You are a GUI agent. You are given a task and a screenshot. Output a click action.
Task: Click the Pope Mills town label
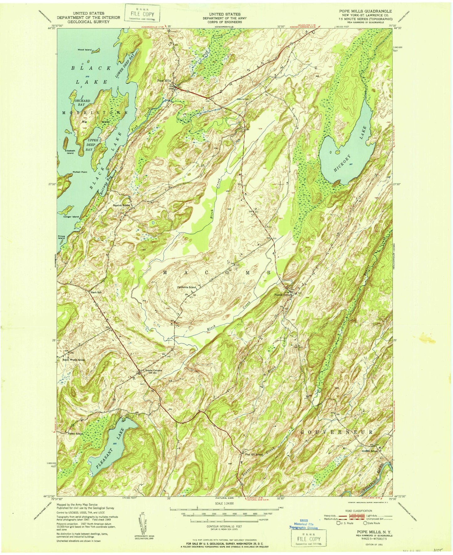coord(164,81)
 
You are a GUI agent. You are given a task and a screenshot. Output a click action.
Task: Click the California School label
coord(187,287)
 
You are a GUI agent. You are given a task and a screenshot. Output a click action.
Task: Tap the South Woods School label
coord(73,360)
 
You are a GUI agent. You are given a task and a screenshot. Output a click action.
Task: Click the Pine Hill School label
coord(254,454)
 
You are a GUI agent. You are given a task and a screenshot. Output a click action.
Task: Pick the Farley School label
coord(75,434)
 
